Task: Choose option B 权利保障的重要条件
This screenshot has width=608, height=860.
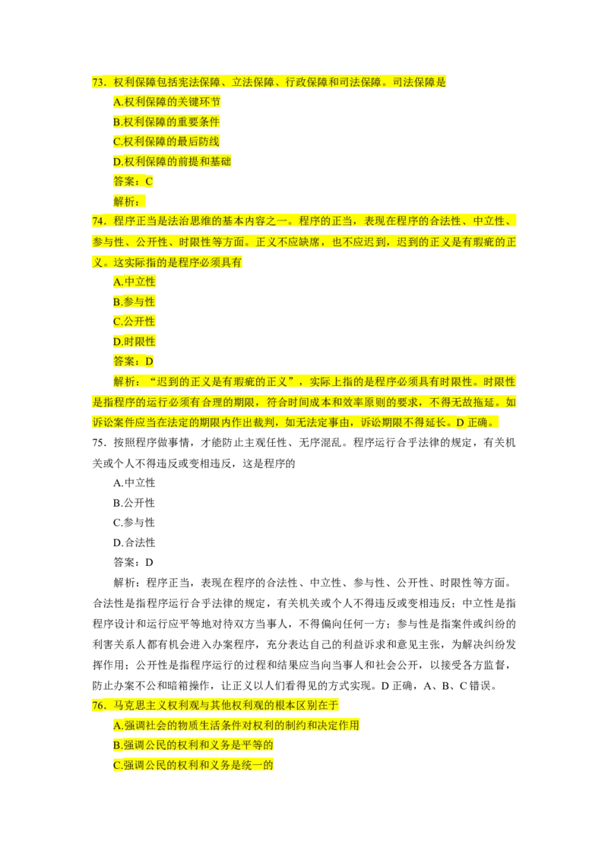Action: tap(166, 122)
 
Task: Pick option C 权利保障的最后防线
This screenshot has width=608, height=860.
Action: tap(166, 141)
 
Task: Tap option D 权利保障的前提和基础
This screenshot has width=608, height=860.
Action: tap(173, 161)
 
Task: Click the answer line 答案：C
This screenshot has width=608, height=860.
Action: tap(133, 181)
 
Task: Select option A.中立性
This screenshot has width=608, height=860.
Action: tap(134, 282)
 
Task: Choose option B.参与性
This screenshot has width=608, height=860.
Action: tap(134, 302)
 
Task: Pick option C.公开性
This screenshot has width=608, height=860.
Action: tap(134, 321)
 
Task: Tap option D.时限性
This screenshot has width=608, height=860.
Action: tap(134, 341)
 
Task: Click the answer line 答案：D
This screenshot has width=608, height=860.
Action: tap(133, 361)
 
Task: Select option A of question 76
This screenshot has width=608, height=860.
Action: tap(236, 726)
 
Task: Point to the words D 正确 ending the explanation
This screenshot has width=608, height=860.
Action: tap(475, 422)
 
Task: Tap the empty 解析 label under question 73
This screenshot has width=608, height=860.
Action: tap(126, 201)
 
